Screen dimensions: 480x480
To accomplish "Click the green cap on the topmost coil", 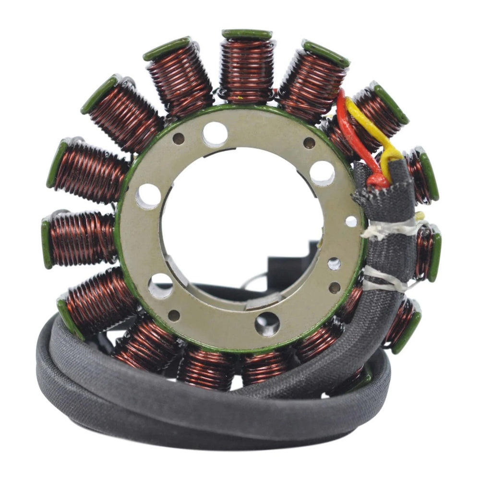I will [247, 34].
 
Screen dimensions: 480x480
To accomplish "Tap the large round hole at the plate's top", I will [215, 134].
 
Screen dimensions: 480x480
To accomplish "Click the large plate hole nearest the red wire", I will [322, 173].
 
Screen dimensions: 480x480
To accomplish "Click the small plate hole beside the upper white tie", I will [351, 221].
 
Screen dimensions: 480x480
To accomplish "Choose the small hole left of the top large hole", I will [179, 139].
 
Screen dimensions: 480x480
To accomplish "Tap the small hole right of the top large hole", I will [309, 143].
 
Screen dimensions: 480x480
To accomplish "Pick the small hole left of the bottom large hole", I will [174, 315].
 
